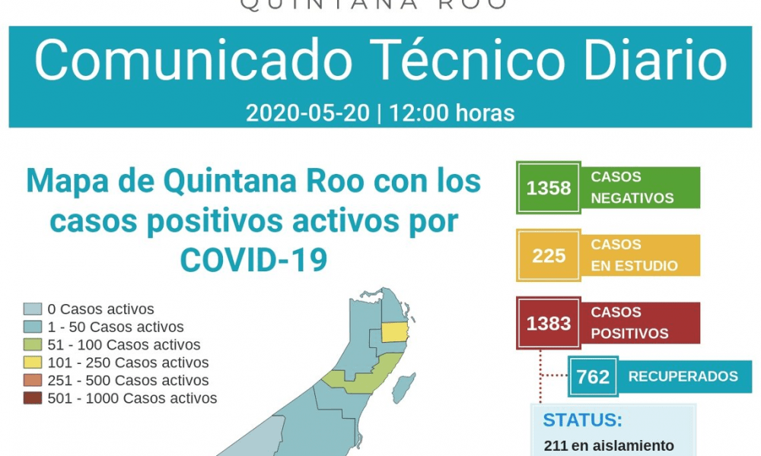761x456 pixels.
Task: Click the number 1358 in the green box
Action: pyautogui.click(x=549, y=188)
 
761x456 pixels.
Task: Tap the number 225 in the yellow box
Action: pyautogui.click(x=549, y=256)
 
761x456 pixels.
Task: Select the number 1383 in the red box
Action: pyautogui.click(x=549, y=323)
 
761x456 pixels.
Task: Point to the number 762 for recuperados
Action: pyautogui.click(x=593, y=376)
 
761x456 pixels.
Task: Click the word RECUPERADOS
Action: pyautogui.click(x=683, y=376)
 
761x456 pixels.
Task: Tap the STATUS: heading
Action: pyautogui.click(x=582, y=420)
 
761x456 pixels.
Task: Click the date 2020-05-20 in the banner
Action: pyautogui.click(x=307, y=113)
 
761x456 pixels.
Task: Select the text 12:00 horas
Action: pyautogui.click(x=451, y=113)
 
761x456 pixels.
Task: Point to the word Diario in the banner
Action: pyautogui.click(x=655, y=60)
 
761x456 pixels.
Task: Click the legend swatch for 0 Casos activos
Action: pyautogui.click(x=33, y=309)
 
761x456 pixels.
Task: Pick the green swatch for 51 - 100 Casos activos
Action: pyautogui.click(x=33, y=344)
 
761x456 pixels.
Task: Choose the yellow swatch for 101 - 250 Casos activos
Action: pyautogui.click(x=33, y=363)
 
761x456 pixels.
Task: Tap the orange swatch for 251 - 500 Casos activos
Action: pyautogui.click(x=33, y=381)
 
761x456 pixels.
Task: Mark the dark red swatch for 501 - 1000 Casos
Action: pyautogui.click(x=33, y=398)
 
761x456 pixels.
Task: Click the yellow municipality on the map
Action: pyautogui.click(x=394, y=333)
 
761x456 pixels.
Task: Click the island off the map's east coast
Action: pyautogui.click(x=403, y=388)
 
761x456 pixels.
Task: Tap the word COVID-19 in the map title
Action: pyautogui.click(x=253, y=260)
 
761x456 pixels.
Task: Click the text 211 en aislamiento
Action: pyautogui.click(x=609, y=446)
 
